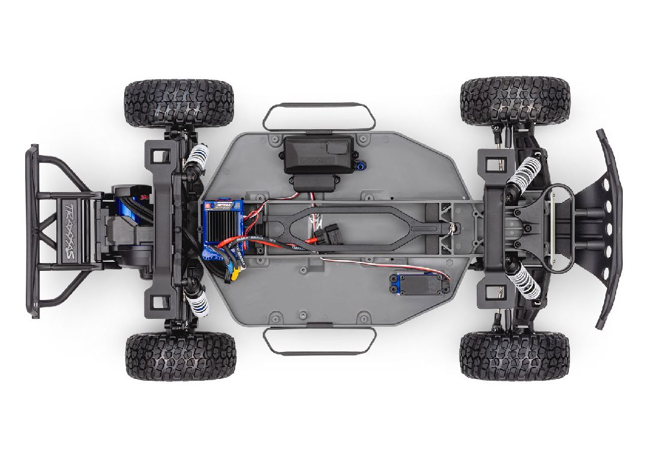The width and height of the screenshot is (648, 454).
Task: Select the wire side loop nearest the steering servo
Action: point(316,340)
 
